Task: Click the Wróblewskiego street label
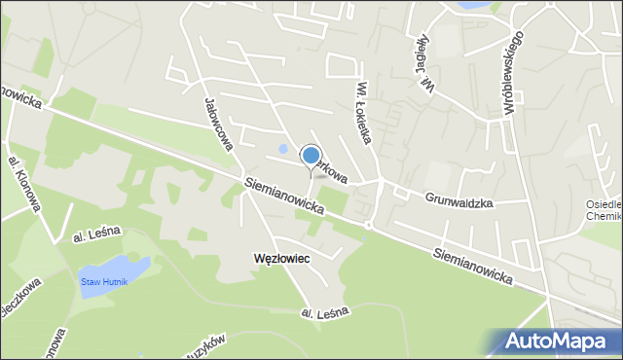pos(513,74)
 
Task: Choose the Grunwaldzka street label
pos(459,201)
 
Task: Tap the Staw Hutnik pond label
pos(104,281)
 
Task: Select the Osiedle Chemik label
pos(604,210)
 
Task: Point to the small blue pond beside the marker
pos(283,149)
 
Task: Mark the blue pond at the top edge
pos(473,5)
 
